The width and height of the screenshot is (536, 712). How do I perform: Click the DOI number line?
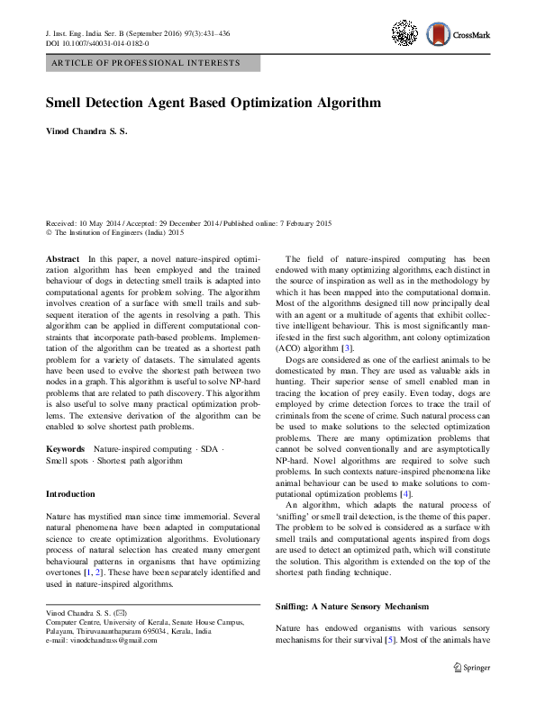pos(97,43)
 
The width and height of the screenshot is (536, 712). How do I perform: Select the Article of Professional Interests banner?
pos(152,63)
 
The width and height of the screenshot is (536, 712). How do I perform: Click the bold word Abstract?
pos(62,258)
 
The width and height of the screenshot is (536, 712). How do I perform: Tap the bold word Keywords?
pos(65,447)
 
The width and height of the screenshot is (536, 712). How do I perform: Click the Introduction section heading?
pos(70,494)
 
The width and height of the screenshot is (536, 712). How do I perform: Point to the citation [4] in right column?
pos(407,494)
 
